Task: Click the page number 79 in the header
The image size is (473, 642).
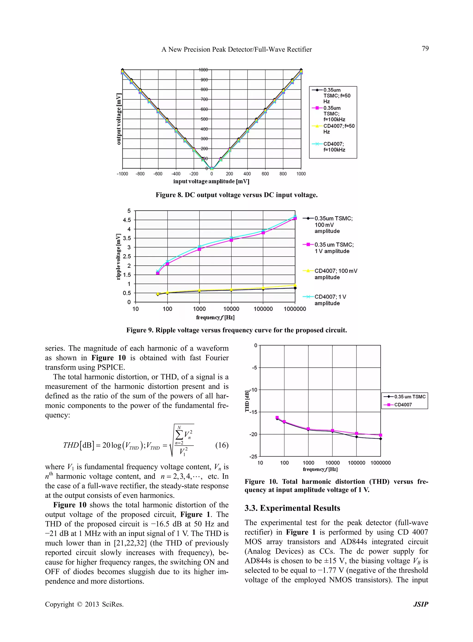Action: [425, 49]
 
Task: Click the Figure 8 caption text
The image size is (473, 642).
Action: [236, 195]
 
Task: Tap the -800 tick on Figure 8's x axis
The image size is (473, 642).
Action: [140, 174]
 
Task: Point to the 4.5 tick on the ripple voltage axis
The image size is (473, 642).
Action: [127, 220]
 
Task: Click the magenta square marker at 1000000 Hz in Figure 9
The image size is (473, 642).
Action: [295, 218]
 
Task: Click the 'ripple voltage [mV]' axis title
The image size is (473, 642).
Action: [118, 256]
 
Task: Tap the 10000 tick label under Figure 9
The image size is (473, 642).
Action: [231, 309]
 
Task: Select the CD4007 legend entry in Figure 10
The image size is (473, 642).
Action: [403, 405]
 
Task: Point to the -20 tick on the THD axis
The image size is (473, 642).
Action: [253, 434]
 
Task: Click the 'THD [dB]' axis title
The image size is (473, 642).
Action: [247, 401]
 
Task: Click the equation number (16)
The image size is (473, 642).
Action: [222, 445]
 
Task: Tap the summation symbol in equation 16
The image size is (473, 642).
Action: [179, 435]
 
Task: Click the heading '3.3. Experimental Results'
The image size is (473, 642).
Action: [292, 508]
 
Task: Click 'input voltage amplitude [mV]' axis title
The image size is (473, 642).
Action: [211, 181]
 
